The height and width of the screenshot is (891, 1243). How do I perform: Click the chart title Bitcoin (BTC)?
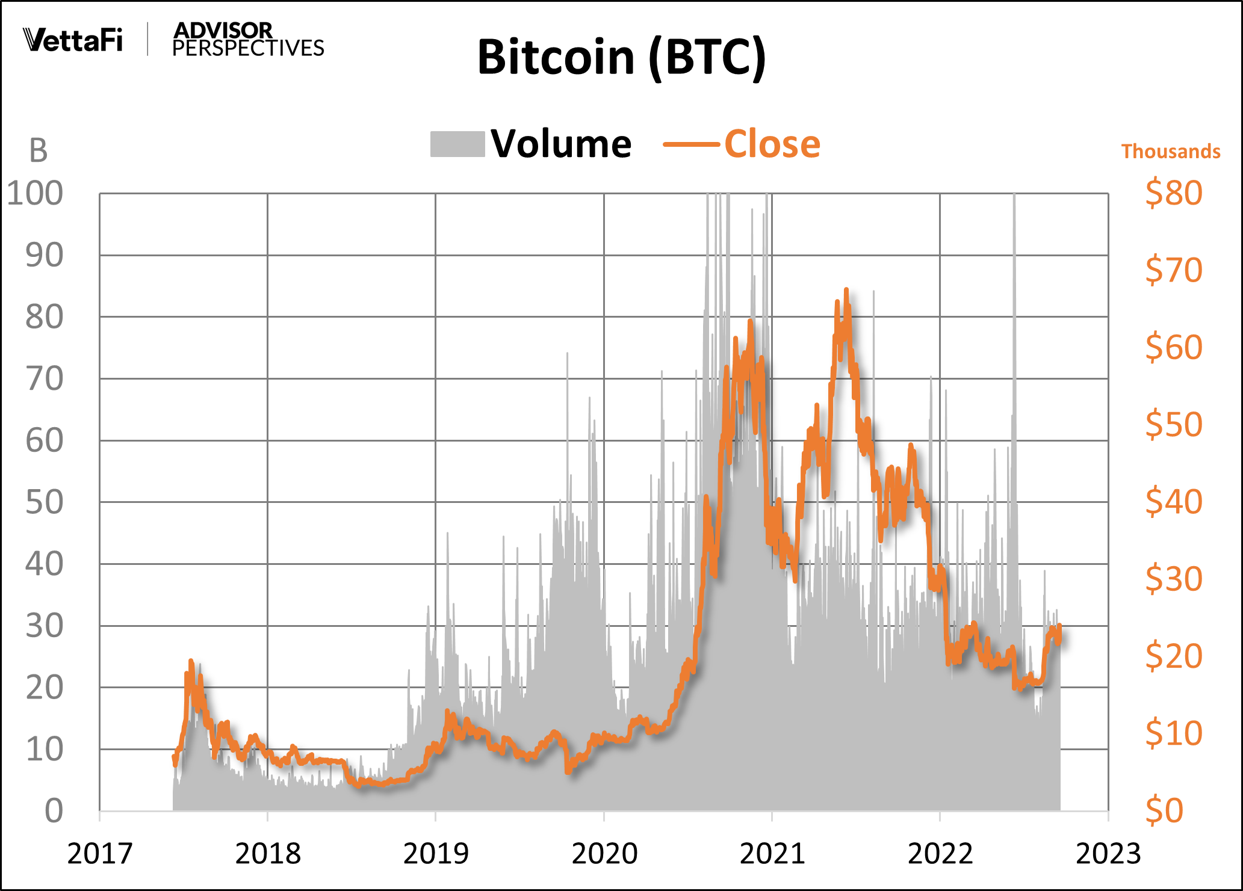pyautogui.click(x=621, y=57)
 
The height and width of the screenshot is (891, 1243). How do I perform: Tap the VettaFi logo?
pyautogui.click(x=73, y=40)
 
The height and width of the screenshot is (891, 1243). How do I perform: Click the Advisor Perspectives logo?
pyautogui.click(x=247, y=40)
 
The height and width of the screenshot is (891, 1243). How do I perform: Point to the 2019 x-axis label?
pyautogui.click(x=435, y=853)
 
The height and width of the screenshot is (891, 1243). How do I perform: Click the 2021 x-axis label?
pyautogui.click(x=772, y=853)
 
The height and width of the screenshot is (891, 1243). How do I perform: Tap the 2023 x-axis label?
pyautogui.click(x=1108, y=853)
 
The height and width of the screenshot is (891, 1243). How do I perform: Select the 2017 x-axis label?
pyautogui.click(x=99, y=853)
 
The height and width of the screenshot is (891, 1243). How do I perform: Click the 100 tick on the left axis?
pyautogui.click(x=35, y=194)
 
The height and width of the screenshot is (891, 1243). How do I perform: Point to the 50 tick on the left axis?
pyautogui.click(x=44, y=502)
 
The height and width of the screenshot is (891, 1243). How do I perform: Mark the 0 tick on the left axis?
pyautogui.click(x=54, y=811)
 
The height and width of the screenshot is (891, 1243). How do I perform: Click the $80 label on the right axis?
pyautogui.click(x=1173, y=193)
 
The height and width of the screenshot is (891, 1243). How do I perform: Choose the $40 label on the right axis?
pyautogui.click(x=1173, y=501)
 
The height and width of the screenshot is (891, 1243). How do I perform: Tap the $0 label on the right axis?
pyautogui.click(x=1164, y=810)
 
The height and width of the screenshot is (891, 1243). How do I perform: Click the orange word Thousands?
pyautogui.click(x=1171, y=151)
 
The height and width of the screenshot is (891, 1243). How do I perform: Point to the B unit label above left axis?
pyautogui.click(x=38, y=151)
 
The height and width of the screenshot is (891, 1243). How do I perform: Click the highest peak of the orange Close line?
pyautogui.click(x=846, y=291)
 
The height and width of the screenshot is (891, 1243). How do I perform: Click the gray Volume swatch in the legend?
pyautogui.click(x=457, y=144)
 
